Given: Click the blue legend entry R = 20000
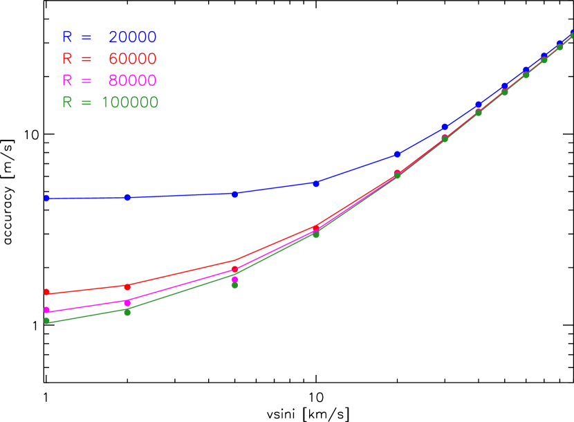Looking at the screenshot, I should click(x=109, y=37).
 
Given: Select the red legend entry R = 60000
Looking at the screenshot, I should click(x=109, y=59).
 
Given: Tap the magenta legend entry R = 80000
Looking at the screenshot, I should click(x=109, y=81).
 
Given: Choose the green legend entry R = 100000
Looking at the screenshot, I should click(x=110, y=102).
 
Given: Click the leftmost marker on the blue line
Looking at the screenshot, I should click(x=46, y=198).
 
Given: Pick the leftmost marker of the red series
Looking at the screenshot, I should click(x=46, y=292).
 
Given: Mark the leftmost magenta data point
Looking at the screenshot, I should click(x=46, y=310).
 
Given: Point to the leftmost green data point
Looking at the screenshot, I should click(x=46, y=320).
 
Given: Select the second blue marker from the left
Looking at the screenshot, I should click(x=127, y=197).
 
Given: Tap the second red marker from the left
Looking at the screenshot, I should click(x=127, y=286).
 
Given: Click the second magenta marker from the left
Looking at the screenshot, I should click(x=127, y=303).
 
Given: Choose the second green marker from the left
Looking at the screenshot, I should click(x=127, y=312).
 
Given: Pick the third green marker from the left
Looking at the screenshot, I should click(x=235, y=284).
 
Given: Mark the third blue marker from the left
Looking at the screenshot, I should click(x=235, y=194).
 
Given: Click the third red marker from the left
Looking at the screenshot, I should click(x=235, y=268).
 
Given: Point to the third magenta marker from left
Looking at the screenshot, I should click(x=235, y=279).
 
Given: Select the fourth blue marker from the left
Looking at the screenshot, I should click(x=316, y=183).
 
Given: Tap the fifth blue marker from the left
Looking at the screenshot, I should click(x=398, y=154).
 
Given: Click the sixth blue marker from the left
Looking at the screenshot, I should click(x=445, y=127).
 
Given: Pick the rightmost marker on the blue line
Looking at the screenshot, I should click(x=573, y=34).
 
